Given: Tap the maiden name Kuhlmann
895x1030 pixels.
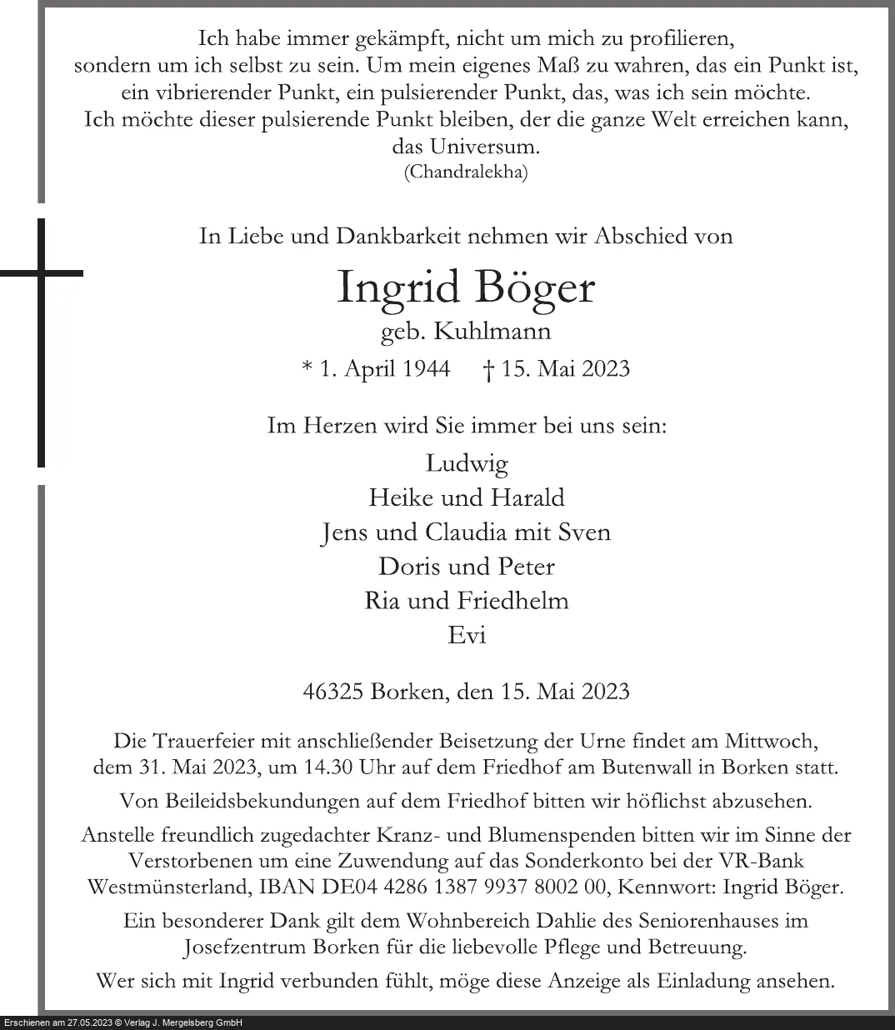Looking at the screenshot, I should pyautogui.click(x=502, y=332).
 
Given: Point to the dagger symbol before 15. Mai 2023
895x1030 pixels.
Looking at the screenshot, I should pyautogui.click(x=489, y=369).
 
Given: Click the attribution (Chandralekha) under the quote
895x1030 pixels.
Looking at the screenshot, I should pyautogui.click(x=466, y=172).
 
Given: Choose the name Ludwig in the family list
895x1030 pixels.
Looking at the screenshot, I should pyautogui.click(x=466, y=463).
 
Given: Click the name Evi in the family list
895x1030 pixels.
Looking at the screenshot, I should pyautogui.click(x=467, y=635).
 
